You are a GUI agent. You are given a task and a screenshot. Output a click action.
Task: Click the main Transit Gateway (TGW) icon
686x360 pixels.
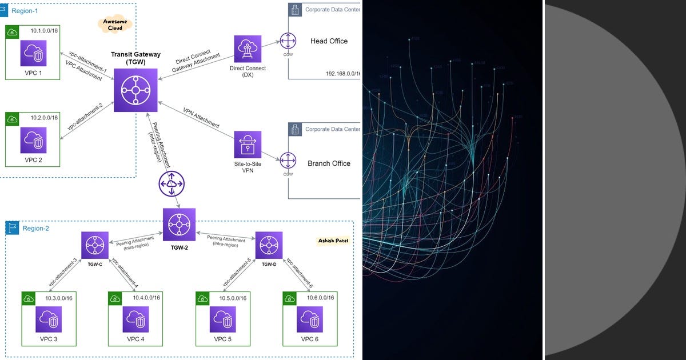(x=135, y=91)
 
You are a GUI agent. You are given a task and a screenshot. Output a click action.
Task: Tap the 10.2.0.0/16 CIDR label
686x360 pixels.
(x=44, y=117)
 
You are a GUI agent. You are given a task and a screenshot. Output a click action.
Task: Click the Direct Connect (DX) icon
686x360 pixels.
(x=248, y=49)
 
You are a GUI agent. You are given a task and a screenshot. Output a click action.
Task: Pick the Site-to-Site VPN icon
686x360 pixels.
(x=248, y=145)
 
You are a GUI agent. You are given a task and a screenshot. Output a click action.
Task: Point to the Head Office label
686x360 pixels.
(x=329, y=41)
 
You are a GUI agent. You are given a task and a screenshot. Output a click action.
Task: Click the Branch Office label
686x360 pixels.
(x=329, y=163)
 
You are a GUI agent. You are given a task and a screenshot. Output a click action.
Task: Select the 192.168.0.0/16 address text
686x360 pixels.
(x=342, y=74)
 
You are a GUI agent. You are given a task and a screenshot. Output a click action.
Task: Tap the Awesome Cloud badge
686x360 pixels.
(x=115, y=24)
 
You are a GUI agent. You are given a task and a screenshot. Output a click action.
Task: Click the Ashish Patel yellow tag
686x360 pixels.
(x=333, y=241)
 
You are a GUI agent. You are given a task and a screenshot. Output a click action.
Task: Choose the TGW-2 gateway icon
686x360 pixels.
(x=179, y=224)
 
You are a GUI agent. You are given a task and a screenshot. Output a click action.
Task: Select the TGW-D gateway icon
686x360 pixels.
(x=269, y=245)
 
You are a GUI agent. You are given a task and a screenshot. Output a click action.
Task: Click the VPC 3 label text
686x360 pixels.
(x=48, y=339)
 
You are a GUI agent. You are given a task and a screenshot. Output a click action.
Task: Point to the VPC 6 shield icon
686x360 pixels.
(x=310, y=319)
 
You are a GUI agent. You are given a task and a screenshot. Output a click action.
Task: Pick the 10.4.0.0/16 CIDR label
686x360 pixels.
(x=146, y=297)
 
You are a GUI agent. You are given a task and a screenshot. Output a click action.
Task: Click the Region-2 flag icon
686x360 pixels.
(x=12, y=229)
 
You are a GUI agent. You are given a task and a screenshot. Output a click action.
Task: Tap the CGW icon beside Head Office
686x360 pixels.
(x=288, y=42)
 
